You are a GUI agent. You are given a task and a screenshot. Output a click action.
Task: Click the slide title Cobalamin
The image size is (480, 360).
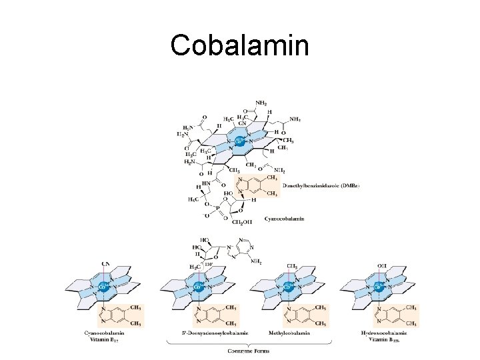239,45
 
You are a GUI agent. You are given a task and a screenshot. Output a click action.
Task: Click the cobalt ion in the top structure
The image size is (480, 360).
239,141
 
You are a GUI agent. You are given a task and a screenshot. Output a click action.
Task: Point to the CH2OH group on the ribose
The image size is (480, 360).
243,222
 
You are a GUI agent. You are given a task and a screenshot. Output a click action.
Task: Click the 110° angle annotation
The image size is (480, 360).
209,265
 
